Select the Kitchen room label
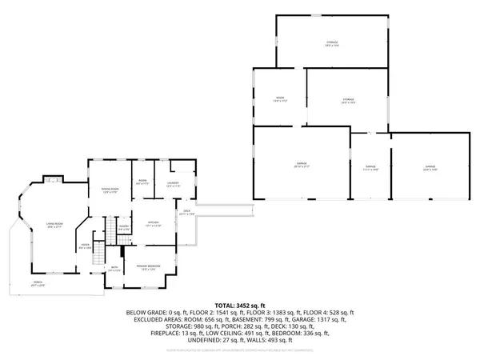(x=154, y=224)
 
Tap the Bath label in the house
(x=114, y=269)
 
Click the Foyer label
(x=86, y=247)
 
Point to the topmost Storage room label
(x=331, y=43)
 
